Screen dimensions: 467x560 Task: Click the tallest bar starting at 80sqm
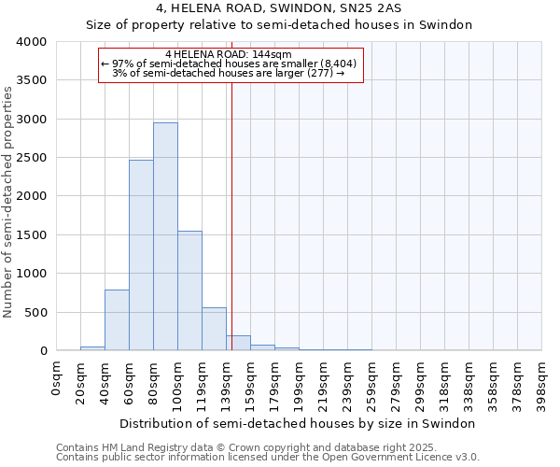click(165, 237)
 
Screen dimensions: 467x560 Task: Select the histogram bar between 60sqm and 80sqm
click(141, 256)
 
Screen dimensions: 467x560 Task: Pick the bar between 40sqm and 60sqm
click(117, 320)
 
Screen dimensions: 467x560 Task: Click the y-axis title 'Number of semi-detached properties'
click(8, 202)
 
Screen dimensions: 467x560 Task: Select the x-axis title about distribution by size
click(298, 423)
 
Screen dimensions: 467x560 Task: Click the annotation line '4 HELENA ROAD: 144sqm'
click(228, 54)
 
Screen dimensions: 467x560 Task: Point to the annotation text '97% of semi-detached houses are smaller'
click(228, 64)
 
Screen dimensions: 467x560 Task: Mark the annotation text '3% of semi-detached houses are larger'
click(228, 73)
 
